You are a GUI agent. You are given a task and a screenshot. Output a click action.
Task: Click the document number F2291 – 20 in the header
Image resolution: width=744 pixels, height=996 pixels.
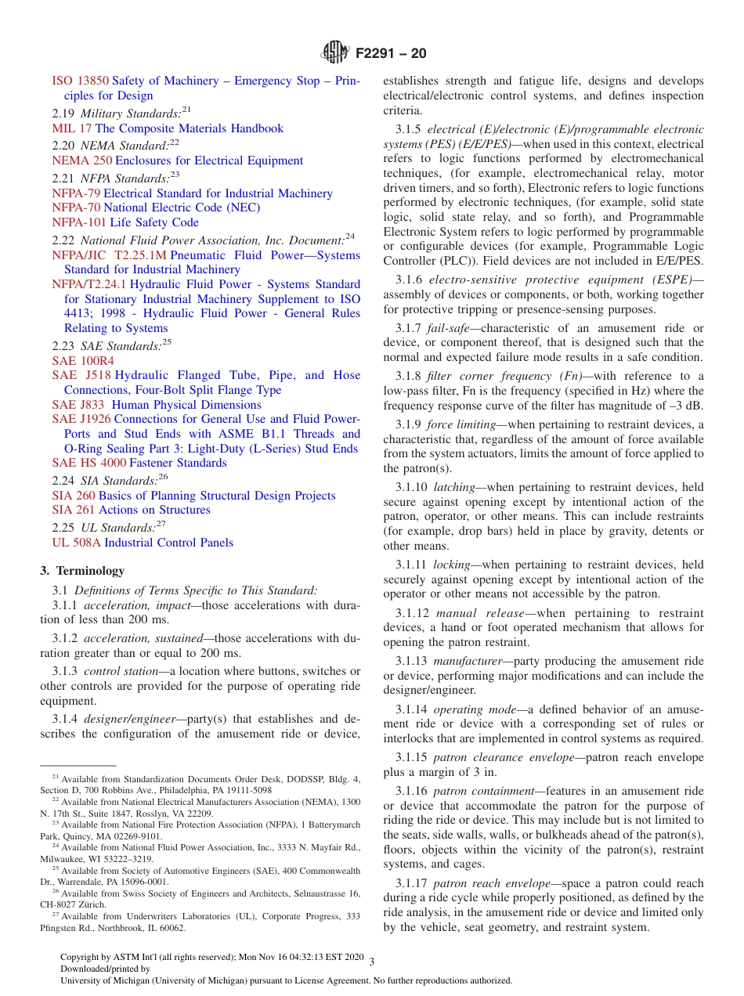point(391,54)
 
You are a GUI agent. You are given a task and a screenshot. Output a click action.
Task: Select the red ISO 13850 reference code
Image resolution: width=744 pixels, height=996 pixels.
point(81,81)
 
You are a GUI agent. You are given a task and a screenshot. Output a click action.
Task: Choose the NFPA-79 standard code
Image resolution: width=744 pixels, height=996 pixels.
point(76,193)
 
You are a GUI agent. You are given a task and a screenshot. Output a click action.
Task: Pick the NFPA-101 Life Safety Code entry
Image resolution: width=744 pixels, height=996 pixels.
point(125,222)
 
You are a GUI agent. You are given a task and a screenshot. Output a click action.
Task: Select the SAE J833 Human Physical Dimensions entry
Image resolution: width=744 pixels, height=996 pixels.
point(157,405)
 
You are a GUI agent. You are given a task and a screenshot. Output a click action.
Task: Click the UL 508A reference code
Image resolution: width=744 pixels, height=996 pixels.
point(76,543)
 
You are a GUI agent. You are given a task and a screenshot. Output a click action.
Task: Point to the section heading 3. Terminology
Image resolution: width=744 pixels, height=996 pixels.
point(82,571)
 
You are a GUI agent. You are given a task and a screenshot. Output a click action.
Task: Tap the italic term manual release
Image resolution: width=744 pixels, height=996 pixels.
point(479,613)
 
